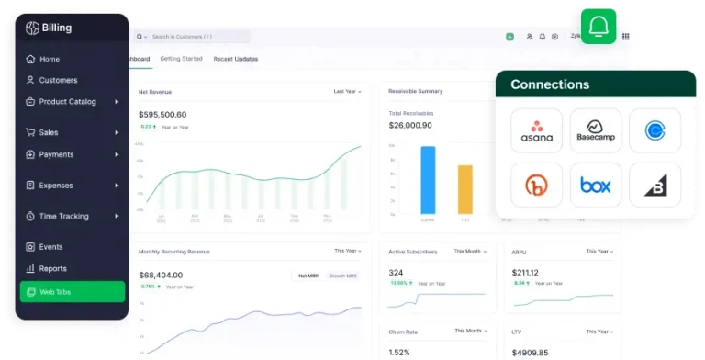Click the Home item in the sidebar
(x=49, y=59)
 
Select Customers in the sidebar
(x=57, y=80)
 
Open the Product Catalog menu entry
(x=66, y=102)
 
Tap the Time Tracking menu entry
(x=63, y=217)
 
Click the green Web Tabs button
(x=72, y=292)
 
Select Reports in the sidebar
(x=52, y=269)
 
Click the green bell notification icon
(x=599, y=27)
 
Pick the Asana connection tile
(x=536, y=130)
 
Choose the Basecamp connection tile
(x=596, y=130)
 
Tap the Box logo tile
(x=596, y=185)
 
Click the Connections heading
(x=550, y=84)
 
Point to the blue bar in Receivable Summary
(x=428, y=179)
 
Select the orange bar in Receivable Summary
(x=465, y=189)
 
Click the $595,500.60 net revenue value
(x=162, y=114)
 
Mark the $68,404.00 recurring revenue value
(x=160, y=274)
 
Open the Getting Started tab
(x=181, y=59)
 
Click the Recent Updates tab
(x=235, y=59)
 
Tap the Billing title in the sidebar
(x=55, y=28)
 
